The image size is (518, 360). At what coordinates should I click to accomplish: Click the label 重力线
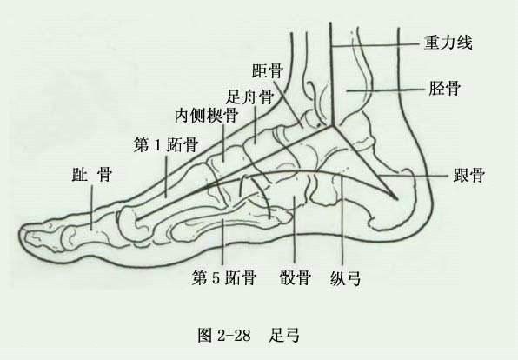(x=448, y=43)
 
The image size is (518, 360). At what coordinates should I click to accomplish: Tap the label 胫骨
(x=444, y=89)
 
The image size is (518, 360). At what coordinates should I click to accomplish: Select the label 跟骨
(x=468, y=175)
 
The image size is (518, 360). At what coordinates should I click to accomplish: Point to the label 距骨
(x=268, y=70)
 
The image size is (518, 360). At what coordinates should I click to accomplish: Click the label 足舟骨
(x=250, y=97)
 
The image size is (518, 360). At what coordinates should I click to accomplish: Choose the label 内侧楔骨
(x=207, y=116)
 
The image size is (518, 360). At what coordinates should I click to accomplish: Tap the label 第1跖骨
(x=166, y=145)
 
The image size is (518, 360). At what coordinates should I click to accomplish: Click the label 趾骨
(x=92, y=174)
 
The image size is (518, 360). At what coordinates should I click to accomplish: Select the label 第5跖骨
(x=224, y=277)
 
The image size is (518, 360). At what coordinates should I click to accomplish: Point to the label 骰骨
(x=295, y=277)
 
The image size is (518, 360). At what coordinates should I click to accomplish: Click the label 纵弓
(x=345, y=277)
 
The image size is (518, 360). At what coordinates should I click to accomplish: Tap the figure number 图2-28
(x=224, y=335)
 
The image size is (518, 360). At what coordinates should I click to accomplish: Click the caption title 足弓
(x=284, y=335)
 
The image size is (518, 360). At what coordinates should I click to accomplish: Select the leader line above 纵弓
(x=342, y=222)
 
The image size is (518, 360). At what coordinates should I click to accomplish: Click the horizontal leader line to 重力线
(x=375, y=44)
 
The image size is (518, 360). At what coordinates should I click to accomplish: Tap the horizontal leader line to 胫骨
(x=385, y=90)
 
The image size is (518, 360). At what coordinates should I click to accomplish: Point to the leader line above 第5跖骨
(x=222, y=242)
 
